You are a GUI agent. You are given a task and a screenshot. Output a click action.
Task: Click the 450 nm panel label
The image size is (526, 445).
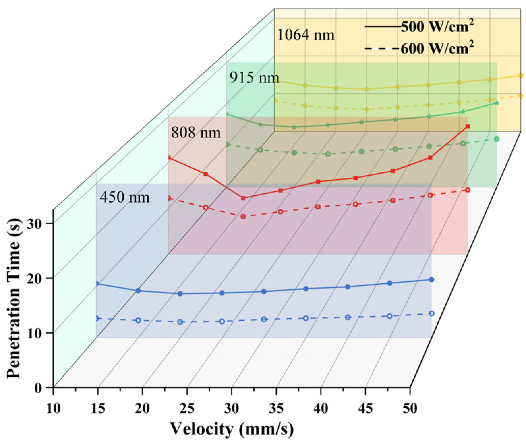click(124, 197)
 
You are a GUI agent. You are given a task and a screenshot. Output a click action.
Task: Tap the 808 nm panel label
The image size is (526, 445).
click(196, 133)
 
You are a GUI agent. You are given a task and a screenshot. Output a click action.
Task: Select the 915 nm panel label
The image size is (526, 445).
click(254, 78)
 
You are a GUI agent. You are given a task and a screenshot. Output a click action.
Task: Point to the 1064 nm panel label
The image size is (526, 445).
click(305, 35)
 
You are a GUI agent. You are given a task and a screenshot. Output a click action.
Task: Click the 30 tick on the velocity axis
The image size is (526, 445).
click(232, 408)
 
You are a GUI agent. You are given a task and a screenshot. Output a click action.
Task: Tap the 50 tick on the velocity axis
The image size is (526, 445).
click(410, 408)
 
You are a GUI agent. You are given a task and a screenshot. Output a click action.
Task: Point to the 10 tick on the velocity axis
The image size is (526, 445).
click(53, 408)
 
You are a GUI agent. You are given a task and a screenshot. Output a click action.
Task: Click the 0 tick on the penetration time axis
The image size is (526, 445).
click(38, 388)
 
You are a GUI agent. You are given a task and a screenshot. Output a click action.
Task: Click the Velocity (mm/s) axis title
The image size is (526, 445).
click(232, 429)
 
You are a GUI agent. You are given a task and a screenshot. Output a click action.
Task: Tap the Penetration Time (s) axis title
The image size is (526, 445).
click(14, 298)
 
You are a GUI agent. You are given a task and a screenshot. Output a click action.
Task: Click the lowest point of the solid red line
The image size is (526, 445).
click(243, 198)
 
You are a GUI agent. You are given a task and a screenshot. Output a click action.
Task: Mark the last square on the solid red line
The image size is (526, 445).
click(467, 126)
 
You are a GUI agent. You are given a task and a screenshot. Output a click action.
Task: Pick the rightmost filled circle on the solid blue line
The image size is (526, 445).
click(431, 279)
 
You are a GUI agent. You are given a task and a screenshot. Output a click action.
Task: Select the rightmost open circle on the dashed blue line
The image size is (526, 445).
click(431, 313)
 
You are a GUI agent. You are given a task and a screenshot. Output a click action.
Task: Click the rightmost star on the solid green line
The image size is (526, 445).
click(496, 103)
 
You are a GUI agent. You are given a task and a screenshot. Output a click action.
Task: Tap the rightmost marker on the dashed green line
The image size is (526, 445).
click(496, 139)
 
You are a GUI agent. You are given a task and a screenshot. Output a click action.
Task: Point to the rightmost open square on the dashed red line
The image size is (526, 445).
click(467, 190)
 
